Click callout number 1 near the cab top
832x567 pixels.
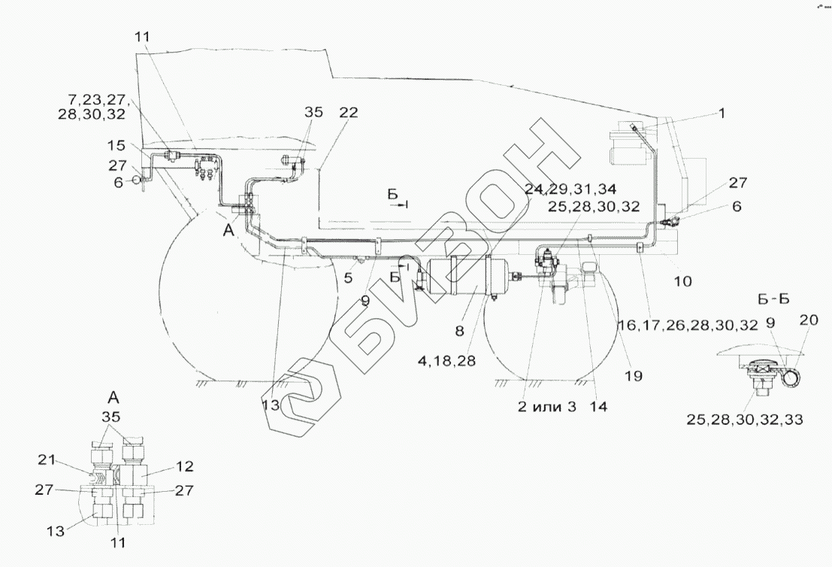pos(722,114)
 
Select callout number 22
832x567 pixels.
pos(348,113)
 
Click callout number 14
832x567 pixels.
pos(598,406)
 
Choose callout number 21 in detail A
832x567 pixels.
pos(47,459)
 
